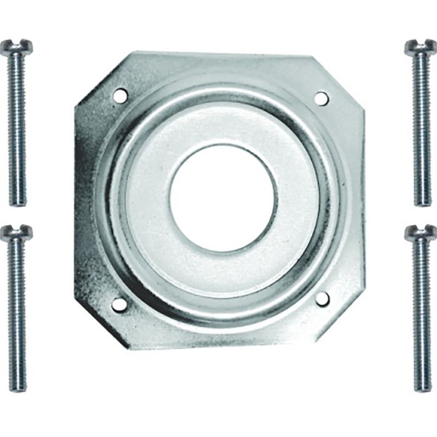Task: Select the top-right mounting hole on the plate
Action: click(320, 98)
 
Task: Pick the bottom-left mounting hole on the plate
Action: click(119, 304)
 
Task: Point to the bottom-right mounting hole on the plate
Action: click(322, 299)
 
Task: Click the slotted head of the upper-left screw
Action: click(16, 47)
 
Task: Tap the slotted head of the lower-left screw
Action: click(16, 233)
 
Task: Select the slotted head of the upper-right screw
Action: click(420, 47)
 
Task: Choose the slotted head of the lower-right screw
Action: click(420, 233)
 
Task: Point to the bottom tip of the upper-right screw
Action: click(423, 204)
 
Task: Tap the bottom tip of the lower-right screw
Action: click(423, 390)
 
